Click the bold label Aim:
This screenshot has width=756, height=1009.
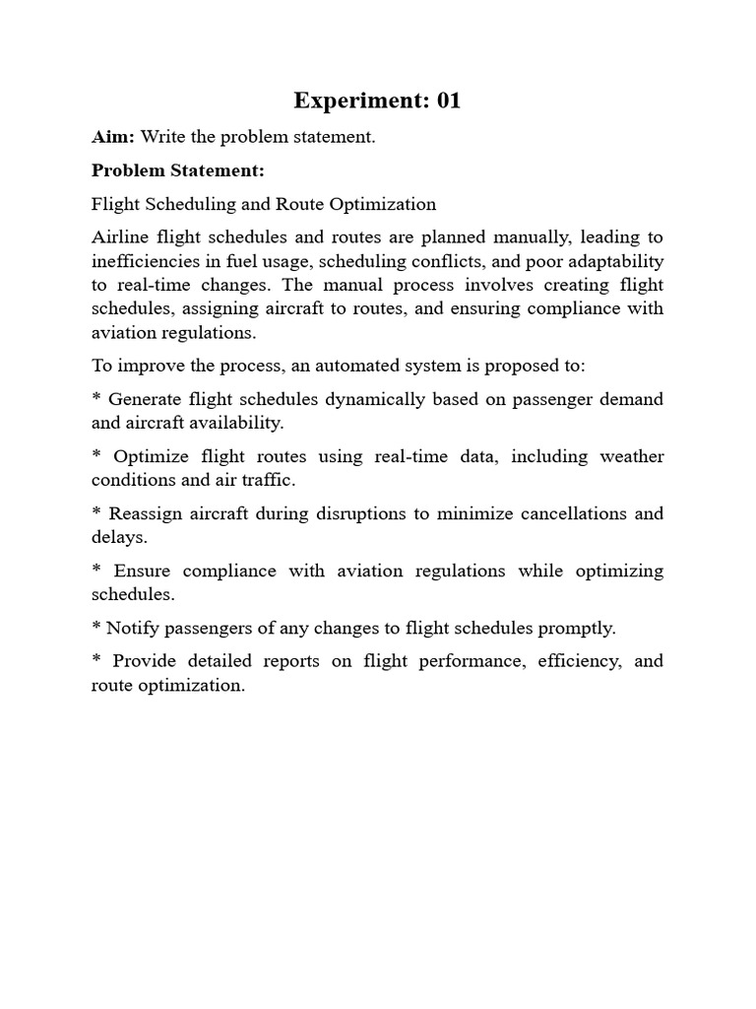click(113, 137)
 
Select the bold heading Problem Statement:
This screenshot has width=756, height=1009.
click(178, 170)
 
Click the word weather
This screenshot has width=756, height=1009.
click(631, 456)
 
